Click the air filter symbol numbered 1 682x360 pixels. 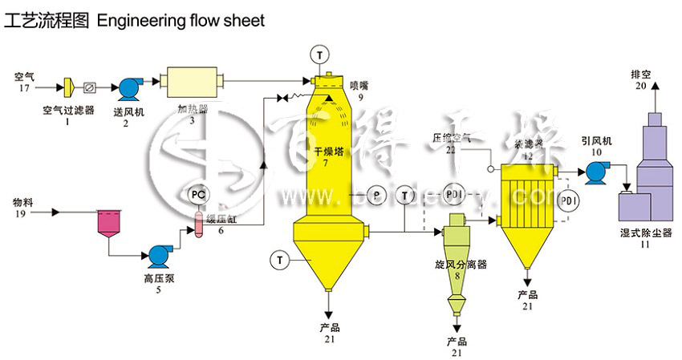click(68, 85)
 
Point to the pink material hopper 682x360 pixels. click(109, 223)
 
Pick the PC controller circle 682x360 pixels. click(197, 195)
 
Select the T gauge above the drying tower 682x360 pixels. click(321, 55)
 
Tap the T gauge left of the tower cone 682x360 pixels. click(279, 259)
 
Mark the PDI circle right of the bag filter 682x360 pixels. click(567, 199)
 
